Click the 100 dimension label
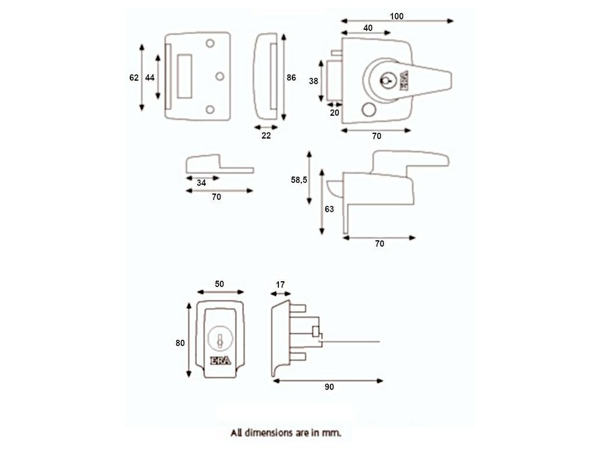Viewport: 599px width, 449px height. pos(397,16)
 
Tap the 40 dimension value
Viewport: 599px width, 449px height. pos(368,27)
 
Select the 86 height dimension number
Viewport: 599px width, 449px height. pos(292,77)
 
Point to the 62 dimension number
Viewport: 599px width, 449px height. pos(134,78)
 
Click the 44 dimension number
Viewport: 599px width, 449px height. pos(150,78)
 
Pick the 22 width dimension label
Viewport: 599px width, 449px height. pos(266,135)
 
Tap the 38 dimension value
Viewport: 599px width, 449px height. pos(314,81)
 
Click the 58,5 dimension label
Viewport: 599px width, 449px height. pos(299,180)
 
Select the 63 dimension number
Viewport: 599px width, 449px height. pos(329,209)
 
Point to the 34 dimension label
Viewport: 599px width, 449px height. pos(201,182)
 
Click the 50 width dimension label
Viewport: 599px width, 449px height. pos(219,284)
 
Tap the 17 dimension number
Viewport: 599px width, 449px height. pos(280,284)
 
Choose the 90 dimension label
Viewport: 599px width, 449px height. pos(329,386)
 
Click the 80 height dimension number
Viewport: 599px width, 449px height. pos(180,343)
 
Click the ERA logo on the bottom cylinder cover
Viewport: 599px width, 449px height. pos(220,360)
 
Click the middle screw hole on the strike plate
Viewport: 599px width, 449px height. pos(220,76)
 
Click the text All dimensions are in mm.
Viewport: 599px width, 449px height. pos(285,433)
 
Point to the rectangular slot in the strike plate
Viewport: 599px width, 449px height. pos(184,75)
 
